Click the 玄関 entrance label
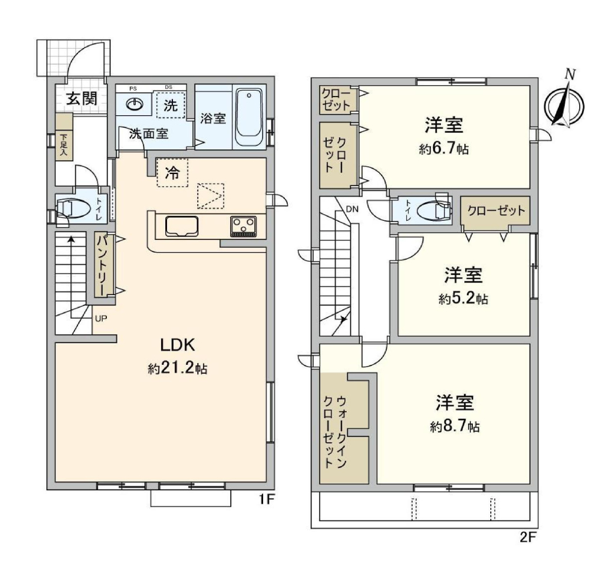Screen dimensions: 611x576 point(81,98)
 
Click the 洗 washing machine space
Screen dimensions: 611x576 point(171,104)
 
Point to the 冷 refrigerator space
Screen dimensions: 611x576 point(172,172)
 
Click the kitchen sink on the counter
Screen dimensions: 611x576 point(181,226)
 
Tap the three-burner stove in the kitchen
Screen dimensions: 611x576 point(243,226)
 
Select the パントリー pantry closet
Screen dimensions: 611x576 point(104,265)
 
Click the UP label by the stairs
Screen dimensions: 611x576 point(101,319)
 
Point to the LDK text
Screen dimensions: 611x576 point(178,345)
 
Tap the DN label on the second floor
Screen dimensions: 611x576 point(352,209)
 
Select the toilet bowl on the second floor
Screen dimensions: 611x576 point(433,211)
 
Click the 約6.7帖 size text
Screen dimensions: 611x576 point(444,149)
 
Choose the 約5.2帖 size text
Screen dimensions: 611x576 point(463,299)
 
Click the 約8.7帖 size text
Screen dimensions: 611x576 point(455,427)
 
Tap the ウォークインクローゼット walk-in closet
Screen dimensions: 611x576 point(344,428)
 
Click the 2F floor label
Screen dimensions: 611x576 point(528,538)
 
